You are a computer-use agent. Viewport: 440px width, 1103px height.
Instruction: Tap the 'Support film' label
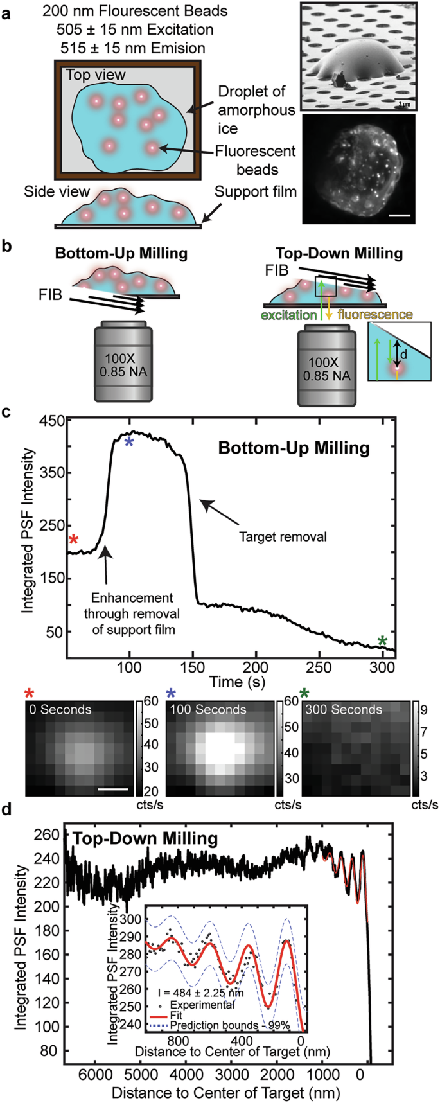pos(255,191)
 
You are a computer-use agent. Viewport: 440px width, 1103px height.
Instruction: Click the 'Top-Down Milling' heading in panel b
pos(339,253)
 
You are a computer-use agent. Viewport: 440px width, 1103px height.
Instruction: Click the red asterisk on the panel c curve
pos(74,540)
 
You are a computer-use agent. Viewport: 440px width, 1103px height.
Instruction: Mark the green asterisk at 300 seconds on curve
pos(383,641)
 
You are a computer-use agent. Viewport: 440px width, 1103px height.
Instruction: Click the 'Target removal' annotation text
pos(283,536)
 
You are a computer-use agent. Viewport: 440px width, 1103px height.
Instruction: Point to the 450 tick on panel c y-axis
pos(53,420)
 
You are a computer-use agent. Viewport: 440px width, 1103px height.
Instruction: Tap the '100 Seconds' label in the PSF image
pos(207,709)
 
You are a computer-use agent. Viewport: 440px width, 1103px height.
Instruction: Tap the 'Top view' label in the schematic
pos(96,75)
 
